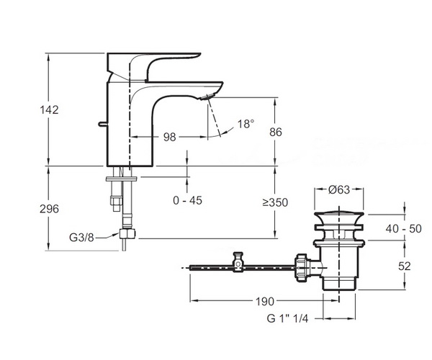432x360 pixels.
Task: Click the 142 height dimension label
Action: pyautogui.click(x=49, y=110)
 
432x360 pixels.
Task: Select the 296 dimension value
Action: pyautogui.click(x=49, y=209)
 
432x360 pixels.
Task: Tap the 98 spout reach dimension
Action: pyautogui.click(x=169, y=137)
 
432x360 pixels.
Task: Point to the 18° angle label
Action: pyautogui.click(x=246, y=124)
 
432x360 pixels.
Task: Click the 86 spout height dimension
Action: pyautogui.click(x=276, y=132)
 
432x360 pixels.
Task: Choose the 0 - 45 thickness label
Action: pyautogui.click(x=188, y=200)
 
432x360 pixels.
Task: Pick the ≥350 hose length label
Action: pyautogui.click(x=275, y=203)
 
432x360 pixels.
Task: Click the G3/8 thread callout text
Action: pyautogui.click(x=81, y=237)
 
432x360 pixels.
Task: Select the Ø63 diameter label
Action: pyautogui.click(x=339, y=189)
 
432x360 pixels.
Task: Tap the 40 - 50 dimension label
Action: pyautogui.click(x=404, y=229)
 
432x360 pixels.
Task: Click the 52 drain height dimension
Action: pyautogui.click(x=405, y=266)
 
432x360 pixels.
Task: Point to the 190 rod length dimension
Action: pyautogui.click(x=265, y=302)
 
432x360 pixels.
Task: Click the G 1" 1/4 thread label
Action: pyautogui.click(x=287, y=319)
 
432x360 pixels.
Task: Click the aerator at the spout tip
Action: pyautogui.click(x=207, y=96)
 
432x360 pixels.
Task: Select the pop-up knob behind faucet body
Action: pyautogui.click(x=102, y=125)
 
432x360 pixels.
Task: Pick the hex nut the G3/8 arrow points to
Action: pyautogui.click(x=127, y=234)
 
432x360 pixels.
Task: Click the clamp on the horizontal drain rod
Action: pyautogui.click(x=238, y=261)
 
